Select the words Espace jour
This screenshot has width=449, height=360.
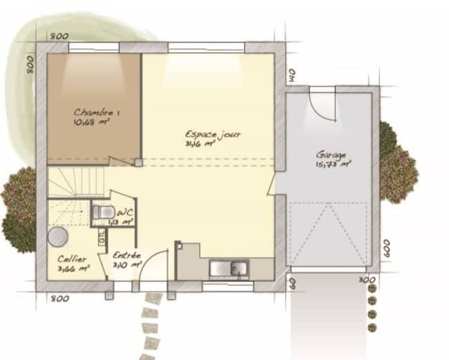pos(212,134)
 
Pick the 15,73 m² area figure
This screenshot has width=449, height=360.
pos(334,165)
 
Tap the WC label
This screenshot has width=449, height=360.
pos(126,213)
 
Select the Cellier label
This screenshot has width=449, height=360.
pos(71,258)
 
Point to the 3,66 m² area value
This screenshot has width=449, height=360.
pos(73,268)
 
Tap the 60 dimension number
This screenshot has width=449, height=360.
pos(292,282)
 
